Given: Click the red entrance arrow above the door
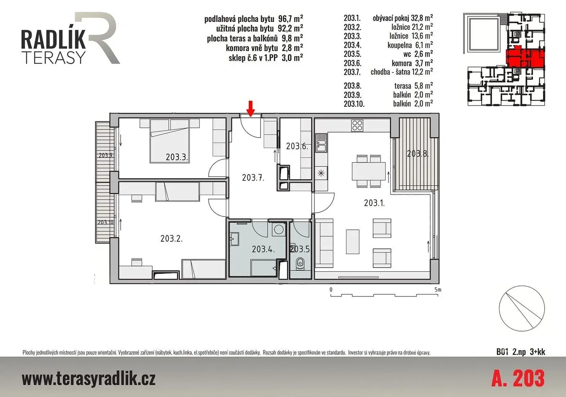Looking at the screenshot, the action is click(250, 109).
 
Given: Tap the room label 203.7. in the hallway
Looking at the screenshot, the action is click(253, 178).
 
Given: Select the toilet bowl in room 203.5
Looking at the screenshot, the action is click(300, 264).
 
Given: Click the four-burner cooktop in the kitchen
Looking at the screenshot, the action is click(357, 125).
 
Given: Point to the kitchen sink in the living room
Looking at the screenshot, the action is click(321, 143).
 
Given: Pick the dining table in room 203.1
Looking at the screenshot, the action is click(369, 171).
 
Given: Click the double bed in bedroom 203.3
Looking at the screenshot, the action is click(169, 141).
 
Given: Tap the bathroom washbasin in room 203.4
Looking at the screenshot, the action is click(234, 239).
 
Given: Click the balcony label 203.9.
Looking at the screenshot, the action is click(106, 155).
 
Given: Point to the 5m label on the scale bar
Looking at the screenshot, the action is click(438, 289).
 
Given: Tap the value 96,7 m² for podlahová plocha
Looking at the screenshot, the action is click(290, 19).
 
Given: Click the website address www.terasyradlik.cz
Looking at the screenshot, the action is click(89, 378).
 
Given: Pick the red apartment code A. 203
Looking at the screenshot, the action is click(518, 378).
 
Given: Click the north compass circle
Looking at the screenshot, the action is click(522, 308).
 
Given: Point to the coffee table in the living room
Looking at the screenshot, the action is click(352, 241).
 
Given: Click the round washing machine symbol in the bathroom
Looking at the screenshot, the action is click(279, 230).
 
